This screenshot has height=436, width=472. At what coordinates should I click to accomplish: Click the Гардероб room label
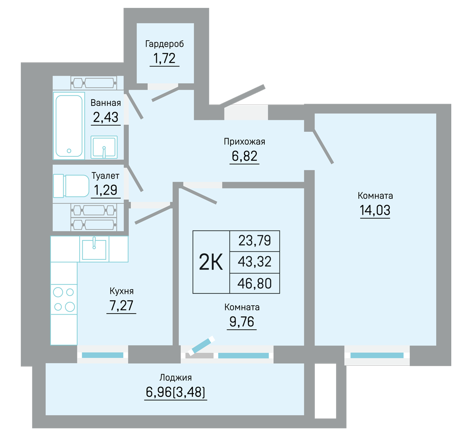pyautogui.click(x=164, y=44)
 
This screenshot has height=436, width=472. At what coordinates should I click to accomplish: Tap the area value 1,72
pyautogui.click(x=164, y=58)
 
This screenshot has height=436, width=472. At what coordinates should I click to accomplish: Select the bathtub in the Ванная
pyautogui.click(x=69, y=126)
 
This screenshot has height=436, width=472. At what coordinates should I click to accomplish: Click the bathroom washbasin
pyautogui.click(x=104, y=147)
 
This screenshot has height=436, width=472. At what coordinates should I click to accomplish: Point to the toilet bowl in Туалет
pyautogui.click(x=71, y=186)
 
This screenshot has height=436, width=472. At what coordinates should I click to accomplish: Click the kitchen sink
pyautogui.click(x=94, y=249)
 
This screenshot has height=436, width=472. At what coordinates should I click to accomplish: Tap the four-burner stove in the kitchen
pyautogui.click(x=64, y=299)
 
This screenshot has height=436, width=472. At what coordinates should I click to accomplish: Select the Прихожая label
pyautogui.click(x=244, y=142)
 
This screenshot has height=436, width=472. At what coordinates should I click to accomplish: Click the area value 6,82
pyautogui.click(x=244, y=156)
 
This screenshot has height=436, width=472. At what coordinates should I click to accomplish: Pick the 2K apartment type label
pyautogui.click(x=211, y=262)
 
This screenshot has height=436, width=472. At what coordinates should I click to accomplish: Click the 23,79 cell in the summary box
pyautogui.click(x=255, y=241)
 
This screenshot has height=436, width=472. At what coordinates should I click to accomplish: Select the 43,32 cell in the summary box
pyautogui.click(x=255, y=262)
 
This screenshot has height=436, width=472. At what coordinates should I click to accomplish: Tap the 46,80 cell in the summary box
pyautogui.click(x=255, y=283)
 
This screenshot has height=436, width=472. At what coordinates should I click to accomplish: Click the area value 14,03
pyautogui.click(x=375, y=210)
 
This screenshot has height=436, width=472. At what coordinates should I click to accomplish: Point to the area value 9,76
pyautogui.click(x=242, y=322)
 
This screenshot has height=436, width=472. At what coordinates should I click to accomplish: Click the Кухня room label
pyautogui.click(x=121, y=291)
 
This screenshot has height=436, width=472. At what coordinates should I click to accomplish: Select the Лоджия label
pyautogui.click(x=176, y=377)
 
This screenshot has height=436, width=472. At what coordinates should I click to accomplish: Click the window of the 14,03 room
pyautogui.click(x=377, y=355)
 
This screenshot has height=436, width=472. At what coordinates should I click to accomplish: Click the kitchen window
pyautogui.click(x=102, y=355)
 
